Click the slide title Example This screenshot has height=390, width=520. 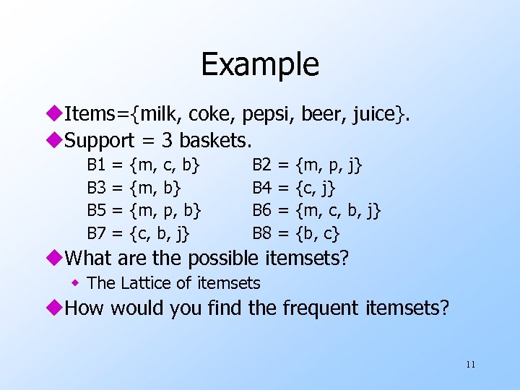pyautogui.click(x=259, y=64)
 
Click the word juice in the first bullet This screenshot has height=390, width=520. pyautogui.click(x=371, y=113)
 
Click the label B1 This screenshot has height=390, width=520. pyautogui.click(x=97, y=165)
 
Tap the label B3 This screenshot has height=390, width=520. pyautogui.click(x=97, y=188)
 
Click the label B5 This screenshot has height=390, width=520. pyautogui.click(x=97, y=210)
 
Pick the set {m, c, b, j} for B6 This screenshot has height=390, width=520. pyautogui.click(x=338, y=210)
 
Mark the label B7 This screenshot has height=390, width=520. pyautogui.click(x=97, y=233)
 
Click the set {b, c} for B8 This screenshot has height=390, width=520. pyautogui.click(x=318, y=233)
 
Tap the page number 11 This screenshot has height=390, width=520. pyautogui.click(x=470, y=364)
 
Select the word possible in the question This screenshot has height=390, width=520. pyautogui.click(x=225, y=257)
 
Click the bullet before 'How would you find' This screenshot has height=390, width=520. pyautogui.click(x=57, y=308)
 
